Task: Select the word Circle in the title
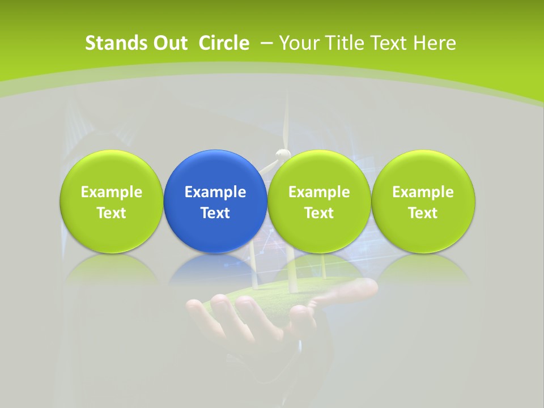point(224,43)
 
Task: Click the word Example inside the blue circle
point(215,192)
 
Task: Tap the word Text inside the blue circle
point(215,213)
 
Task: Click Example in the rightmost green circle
point(423,192)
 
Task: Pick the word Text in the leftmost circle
point(111,213)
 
